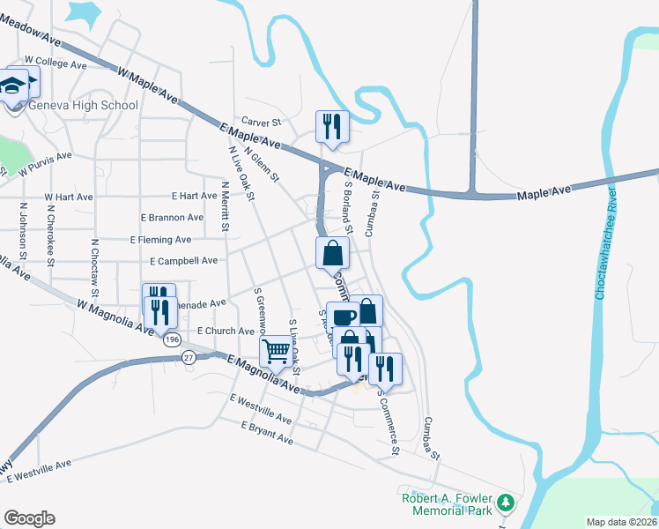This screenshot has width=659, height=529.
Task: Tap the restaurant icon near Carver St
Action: pos(333,125)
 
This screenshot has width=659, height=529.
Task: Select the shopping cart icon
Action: pos(276,352)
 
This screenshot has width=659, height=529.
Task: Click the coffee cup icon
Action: pos(343,317)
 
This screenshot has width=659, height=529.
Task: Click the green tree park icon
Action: pos(505,503)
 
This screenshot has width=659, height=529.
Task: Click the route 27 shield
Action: pos(189,356)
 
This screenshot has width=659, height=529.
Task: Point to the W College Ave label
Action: pos(56,63)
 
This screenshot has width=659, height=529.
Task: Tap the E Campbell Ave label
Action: pos(183,261)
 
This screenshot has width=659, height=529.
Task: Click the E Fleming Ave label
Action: pos(159,239)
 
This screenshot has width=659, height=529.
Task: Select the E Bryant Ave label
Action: pos(267,431)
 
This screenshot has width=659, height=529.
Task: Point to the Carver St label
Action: pos(263,122)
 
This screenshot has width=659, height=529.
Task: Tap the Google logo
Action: pos(29,518)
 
